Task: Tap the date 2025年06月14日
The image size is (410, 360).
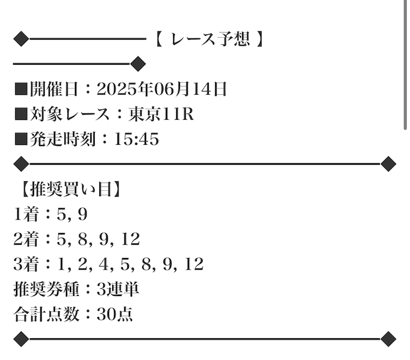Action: [161, 89]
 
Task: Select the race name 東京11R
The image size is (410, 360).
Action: [161, 114]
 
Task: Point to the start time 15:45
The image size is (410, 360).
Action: [136, 139]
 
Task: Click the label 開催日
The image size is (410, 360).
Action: [54, 89]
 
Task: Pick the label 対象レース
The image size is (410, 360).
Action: [70, 114]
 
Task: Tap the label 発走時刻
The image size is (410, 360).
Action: [62, 139]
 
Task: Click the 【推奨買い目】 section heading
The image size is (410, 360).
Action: [70, 189]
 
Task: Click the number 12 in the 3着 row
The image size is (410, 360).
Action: [194, 264]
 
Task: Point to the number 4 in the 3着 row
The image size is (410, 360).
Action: [103, 264]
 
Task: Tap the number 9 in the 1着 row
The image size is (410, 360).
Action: [83, 214]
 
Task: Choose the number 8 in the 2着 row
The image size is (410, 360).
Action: [83, 239]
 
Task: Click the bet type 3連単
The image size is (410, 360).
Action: [118, 289]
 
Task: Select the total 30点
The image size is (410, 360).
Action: [115, 314]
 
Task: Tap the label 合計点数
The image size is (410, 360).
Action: [46, 314]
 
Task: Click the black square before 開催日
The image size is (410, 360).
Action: [21, 89]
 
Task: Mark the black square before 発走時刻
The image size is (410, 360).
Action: [21, 139]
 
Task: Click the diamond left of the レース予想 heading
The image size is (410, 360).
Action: [21, 39]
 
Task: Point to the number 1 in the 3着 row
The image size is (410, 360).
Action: [61, 264]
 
